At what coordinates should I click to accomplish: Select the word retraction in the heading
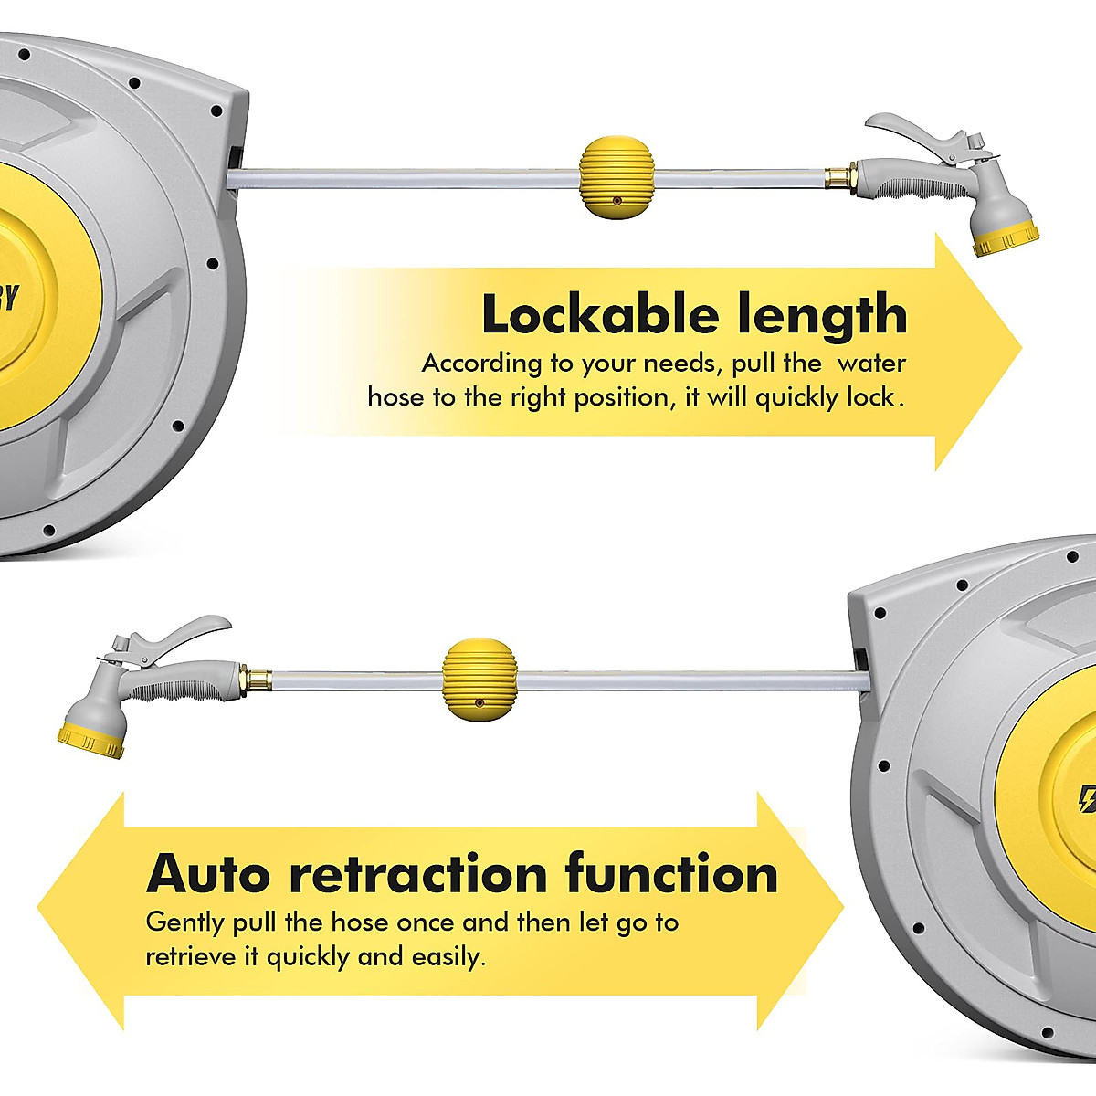pyautogui.click(x=417, y=873)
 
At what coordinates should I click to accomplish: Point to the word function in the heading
pyautogui.click(x=671, y=873)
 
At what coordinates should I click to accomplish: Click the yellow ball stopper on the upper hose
pyautogui.click(x=616, y=178)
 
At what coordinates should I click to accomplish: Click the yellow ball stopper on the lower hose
pyautogui.click(x=479, y=679)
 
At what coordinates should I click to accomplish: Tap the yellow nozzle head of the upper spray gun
pyautogui.click(x=1004, y=243)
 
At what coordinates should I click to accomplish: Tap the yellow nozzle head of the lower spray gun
pyautogui.click(x=90, y=742)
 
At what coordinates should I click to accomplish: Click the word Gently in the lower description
pyautogui.click(x=184, y=922)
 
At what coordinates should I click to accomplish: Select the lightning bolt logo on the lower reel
pyautogui.click(x=1087, y=799)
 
